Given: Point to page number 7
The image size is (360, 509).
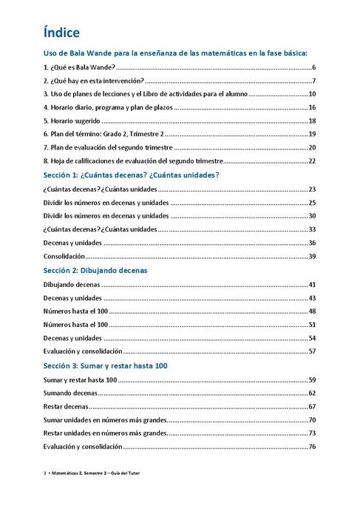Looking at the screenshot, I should (313, 81).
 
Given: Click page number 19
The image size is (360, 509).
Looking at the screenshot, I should (312, 134).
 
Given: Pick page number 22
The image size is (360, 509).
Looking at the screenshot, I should (312, 161).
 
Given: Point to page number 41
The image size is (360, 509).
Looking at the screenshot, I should (312, 284).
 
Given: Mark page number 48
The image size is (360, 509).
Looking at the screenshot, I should (312, 311).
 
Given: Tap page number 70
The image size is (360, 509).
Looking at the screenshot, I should (312, 419).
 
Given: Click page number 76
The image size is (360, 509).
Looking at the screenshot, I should (312, 446).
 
